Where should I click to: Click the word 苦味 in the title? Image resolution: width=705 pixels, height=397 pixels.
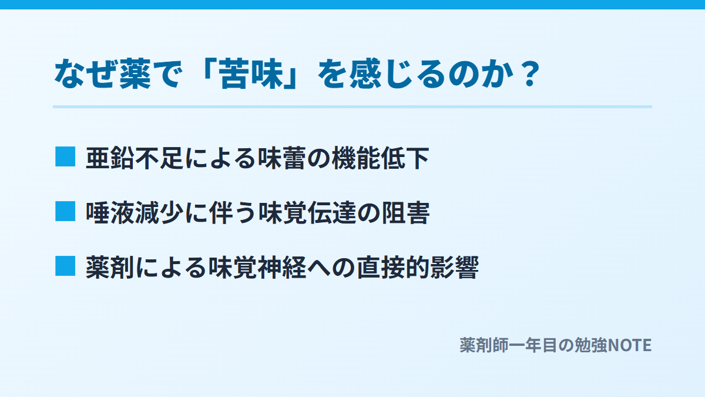[251, 74]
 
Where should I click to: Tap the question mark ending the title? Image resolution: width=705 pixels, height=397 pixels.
[530, 74]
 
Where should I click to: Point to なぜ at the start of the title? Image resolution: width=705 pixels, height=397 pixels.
[86, 74]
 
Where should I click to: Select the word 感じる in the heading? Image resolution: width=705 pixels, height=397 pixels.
[397, 74]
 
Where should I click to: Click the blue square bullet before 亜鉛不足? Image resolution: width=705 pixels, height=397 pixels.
[65, 156]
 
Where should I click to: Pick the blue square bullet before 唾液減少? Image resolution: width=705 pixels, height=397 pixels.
[65, 211]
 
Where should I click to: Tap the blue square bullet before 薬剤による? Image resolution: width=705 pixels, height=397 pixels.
[65, 266]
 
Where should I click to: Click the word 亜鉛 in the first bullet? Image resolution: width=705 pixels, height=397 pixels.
[110, 158]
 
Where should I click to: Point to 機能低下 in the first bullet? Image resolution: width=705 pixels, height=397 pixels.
[380, 158]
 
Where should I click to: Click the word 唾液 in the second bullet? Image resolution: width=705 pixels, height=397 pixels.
[110, 213]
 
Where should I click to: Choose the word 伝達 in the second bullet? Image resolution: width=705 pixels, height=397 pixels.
[331, 213]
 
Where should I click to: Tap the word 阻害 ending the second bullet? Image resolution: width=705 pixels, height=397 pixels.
[405, 213]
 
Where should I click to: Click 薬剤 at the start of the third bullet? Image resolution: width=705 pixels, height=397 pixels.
[110, 268]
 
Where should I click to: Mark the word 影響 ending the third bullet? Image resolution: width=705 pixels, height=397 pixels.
[454, 268]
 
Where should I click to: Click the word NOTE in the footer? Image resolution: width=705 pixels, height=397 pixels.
[629, 345]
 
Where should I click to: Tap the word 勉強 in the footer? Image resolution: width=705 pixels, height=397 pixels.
[591, 345]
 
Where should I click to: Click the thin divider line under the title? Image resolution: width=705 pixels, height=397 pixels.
[352, 107]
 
